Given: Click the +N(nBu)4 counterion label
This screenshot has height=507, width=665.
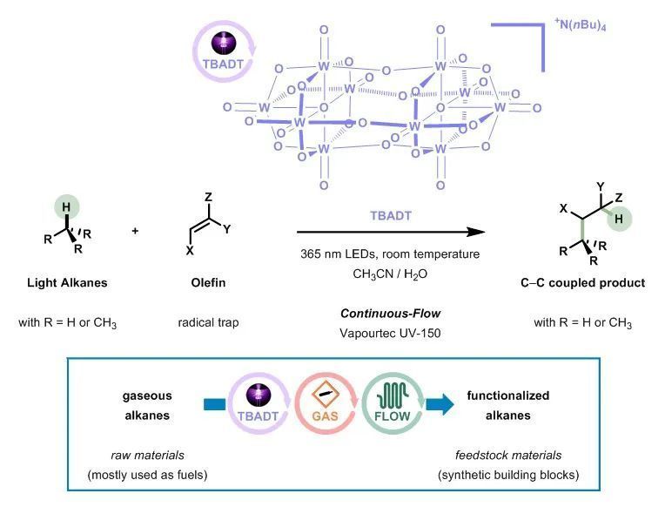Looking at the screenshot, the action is (x=580, y=24).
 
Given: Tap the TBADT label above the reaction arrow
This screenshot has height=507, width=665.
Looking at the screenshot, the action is (x=391, y=216).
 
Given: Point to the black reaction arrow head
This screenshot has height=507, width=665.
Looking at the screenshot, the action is (x=476, y=232).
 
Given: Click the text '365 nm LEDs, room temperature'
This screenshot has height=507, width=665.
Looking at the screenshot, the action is (x=390, y=253).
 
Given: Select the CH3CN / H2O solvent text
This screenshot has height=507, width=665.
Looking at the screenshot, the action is (x=390, y=274).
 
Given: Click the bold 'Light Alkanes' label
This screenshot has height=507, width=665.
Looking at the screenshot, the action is (x=67, y=283).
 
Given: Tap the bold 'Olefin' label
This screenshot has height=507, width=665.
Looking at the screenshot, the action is (x=208, y=283).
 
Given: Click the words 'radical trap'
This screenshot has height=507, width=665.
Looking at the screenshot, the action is (x=208, y=322).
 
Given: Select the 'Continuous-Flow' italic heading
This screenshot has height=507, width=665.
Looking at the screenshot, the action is (x=390, y=314).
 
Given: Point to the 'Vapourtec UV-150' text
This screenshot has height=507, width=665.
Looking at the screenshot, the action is (x=390, y=333).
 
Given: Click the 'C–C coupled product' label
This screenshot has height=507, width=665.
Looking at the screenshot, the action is (x=582, y=283).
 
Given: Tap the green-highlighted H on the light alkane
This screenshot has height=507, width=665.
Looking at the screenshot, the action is (x=66, y=207).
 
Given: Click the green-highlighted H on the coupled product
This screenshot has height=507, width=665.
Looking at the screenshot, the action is (x=619, y=220).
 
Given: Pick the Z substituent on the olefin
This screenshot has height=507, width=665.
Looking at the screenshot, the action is (x=208, y=197).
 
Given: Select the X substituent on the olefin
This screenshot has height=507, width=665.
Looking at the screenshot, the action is (x=190, y=251).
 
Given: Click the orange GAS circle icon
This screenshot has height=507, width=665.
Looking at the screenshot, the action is (x=326, y=403).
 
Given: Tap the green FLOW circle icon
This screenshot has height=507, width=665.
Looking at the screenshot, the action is (x=393, y=403).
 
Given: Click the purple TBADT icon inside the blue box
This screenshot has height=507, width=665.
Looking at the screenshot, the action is (x=259, y=403).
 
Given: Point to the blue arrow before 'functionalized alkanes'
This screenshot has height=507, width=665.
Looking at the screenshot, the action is (x=440, y=404).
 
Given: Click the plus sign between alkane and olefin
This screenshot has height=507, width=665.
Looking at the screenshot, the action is (x=135, y=231).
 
